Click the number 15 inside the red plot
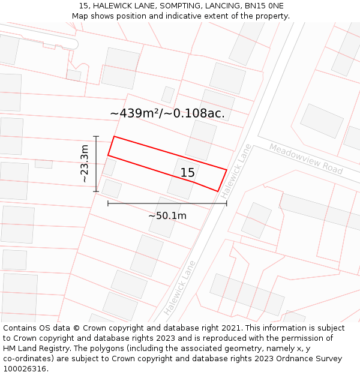(x=188, y=173)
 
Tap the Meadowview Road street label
(x=305, y=158)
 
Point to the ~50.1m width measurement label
(x=167, y=215)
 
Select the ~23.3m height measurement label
(x=85, y=164)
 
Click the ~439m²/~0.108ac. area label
(x=167, y=113)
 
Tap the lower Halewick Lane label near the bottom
(x=179, y=288)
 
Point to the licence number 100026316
(x=26, y=368)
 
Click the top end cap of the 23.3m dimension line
(x=96, y=136)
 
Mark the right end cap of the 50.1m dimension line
(x=227, y=203)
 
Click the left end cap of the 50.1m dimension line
(x=108, y=203)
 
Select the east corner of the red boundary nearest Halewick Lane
(x=226, y=170)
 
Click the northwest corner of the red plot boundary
(x=114, y=137)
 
